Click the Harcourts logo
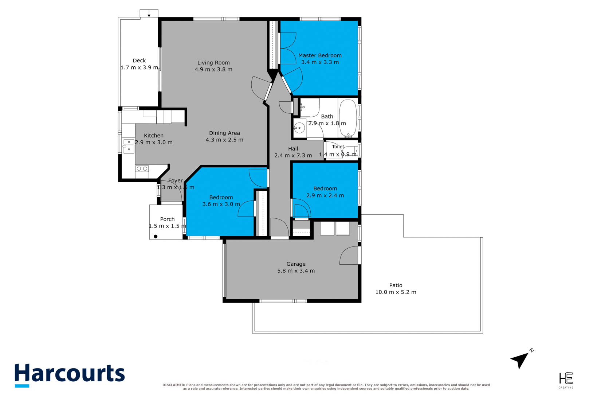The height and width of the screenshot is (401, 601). tap(70, 375)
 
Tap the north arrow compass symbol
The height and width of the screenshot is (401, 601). tap(521, 359)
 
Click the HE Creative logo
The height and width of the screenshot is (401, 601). tap(566, 380)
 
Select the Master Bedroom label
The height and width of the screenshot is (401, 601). tap(320, 55)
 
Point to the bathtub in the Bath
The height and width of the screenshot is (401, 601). tap(347, 117)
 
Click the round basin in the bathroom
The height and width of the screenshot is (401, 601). tap(299, 128)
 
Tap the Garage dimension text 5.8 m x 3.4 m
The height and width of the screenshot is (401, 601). tap(296, 271)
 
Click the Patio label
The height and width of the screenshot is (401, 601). tap(396, 285)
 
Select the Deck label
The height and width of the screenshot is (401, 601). tap(139, 61)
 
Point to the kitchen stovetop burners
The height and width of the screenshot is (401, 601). tap(142, 169)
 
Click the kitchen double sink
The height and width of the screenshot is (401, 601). tap(129, 146)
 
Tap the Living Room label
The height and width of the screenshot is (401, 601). tap(213, 63)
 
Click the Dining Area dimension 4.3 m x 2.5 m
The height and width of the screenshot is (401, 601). tap(224, 140)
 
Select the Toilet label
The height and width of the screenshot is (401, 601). tap(338, 147)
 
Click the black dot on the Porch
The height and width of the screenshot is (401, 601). tap(156, 237)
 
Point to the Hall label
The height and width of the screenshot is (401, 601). tap(293, 149)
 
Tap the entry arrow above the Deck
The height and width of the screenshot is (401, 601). tap(149, 15)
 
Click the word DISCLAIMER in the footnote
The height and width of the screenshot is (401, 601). tap(174, 385)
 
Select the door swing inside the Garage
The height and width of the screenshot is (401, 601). tap(349, 256)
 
